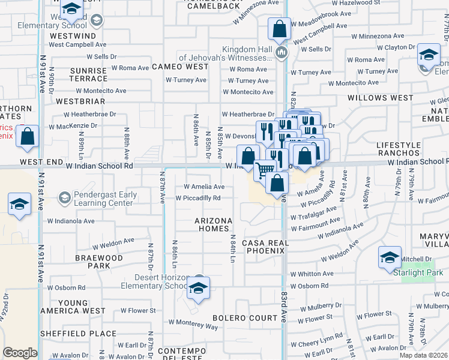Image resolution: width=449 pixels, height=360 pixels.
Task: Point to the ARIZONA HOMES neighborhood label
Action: tap(214, 224)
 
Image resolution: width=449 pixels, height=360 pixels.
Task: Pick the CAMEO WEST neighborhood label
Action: tap(179, 67)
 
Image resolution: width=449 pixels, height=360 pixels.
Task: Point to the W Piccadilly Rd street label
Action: tap(198, 198)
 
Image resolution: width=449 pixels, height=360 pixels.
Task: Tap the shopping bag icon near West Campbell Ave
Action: tap(280, 29)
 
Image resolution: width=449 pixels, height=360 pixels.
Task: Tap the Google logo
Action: tap(20, 353)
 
